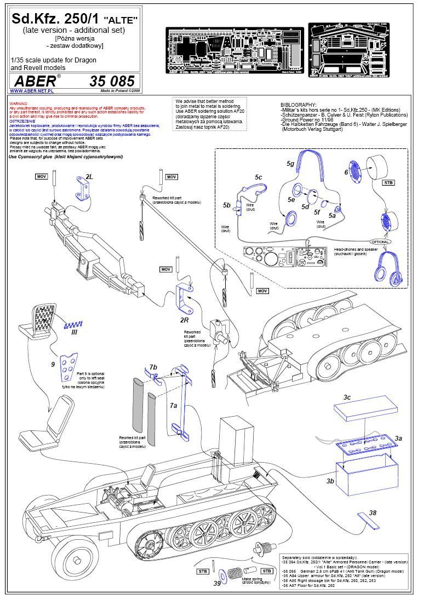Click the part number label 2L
pos(89,177)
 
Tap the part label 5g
pos(291,163)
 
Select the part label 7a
pos(174,405)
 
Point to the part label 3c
pos(347,396)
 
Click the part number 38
pos(373,513)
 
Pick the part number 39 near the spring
pos(218,584)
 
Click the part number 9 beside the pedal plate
pos(53,364)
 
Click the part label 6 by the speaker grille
pos(346,171)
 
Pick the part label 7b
pos(153,366)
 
